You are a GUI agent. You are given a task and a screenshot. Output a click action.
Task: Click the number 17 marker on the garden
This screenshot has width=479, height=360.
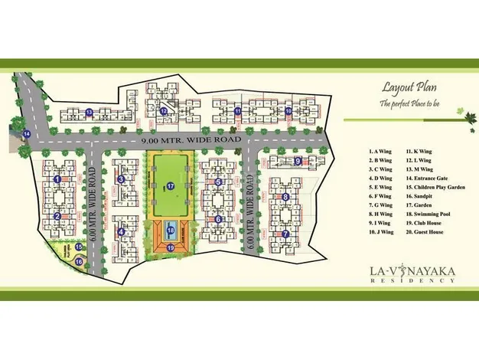point(171,185)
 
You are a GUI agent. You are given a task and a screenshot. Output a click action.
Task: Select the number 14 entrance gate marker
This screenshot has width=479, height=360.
point(26,135)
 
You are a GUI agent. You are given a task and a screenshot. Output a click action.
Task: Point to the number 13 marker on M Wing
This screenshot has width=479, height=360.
point(89,113)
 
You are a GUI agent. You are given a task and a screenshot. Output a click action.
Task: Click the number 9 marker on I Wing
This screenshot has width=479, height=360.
point(298,161)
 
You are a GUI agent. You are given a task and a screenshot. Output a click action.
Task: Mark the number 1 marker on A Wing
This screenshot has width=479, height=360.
point(57,179)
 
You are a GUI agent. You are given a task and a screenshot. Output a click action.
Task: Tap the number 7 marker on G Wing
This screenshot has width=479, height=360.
point(285,234)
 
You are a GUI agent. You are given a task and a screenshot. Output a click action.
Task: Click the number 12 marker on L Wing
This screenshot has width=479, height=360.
point(164,111)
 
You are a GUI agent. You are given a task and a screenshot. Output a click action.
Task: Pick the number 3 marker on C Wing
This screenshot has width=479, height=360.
point(121,180)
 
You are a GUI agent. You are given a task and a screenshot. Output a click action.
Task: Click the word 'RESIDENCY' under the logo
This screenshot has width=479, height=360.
point(412,281)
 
